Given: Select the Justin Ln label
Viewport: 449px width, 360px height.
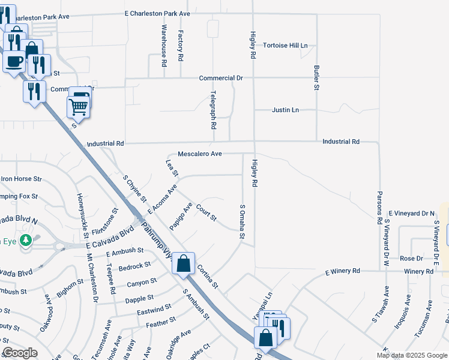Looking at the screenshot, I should [285, 110].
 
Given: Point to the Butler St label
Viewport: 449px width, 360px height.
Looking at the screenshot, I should [316, 78].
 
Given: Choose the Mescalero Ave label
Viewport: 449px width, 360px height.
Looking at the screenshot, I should [200, 154].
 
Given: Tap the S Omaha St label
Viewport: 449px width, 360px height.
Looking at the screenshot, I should [243, 222].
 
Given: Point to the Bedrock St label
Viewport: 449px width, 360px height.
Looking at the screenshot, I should [134, 266].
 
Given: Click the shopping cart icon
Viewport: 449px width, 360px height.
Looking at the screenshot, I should [79, 107].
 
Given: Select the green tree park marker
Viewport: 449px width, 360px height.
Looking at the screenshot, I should [25, 240].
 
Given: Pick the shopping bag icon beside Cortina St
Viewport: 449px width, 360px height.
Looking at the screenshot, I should [183, 263].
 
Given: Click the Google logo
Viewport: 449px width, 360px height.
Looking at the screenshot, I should [20, 353].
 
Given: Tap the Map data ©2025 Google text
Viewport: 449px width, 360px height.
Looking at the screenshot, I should [411, 355].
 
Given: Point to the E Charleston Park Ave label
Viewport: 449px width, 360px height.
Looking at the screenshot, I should [157, 13].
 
